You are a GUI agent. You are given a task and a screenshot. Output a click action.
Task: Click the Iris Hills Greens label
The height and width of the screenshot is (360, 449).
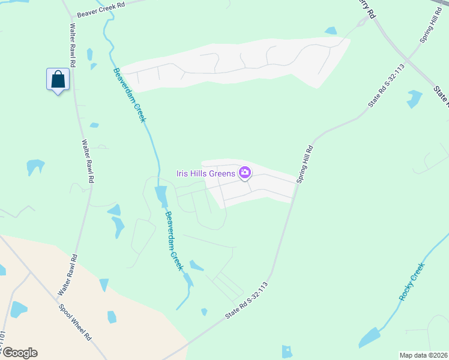[206, 174]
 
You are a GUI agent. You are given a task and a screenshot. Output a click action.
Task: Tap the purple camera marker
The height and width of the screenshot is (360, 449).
[245, 173]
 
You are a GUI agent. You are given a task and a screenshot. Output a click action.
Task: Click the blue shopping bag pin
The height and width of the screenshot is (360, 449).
[58, 80]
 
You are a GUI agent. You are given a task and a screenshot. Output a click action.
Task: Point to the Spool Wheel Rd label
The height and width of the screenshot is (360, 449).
[74, 322]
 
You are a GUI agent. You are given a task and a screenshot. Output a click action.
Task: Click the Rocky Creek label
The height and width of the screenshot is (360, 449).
[411, 281]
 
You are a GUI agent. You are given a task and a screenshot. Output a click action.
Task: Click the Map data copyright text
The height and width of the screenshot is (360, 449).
[423, 355]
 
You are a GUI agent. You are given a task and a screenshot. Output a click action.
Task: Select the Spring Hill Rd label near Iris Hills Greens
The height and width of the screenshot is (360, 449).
[304, 164]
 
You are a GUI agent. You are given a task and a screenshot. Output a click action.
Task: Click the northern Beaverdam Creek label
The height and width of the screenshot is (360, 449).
[129, 95]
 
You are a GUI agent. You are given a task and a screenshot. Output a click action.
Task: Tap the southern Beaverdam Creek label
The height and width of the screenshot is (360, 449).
[173, 241]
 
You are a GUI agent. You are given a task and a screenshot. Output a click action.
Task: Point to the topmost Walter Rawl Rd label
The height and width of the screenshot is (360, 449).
[73, 45]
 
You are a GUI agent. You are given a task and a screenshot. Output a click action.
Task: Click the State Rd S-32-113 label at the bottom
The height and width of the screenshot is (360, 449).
[247, 301]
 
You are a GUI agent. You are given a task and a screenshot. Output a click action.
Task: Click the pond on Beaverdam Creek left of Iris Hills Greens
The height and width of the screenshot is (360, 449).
[161, 196]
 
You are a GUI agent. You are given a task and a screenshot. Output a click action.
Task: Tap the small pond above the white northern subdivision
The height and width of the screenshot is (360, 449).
[331, 31]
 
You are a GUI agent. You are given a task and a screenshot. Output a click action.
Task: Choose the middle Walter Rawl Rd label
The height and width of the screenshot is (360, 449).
[88, 161]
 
